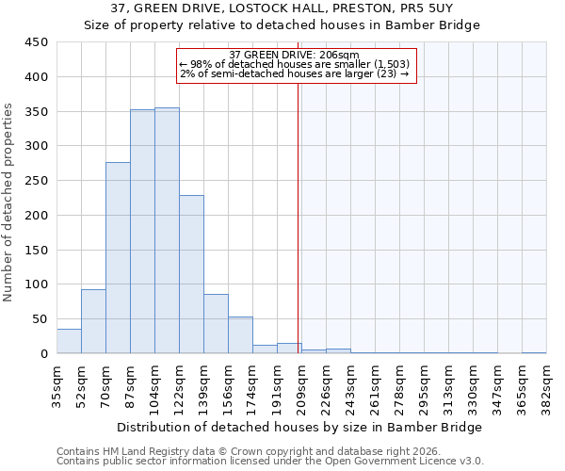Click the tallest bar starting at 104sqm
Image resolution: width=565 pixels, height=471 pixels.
pos(167,231)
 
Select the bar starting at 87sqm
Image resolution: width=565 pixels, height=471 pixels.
pos(142,232)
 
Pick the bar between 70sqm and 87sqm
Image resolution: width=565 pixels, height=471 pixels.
pos(118,258)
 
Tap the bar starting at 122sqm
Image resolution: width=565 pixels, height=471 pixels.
pos(191,274)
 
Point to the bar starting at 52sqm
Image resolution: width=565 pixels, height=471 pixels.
pos(93,321)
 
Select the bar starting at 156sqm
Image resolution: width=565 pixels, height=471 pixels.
pos(240,335)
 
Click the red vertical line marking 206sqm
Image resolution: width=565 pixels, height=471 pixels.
pos(298,217)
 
